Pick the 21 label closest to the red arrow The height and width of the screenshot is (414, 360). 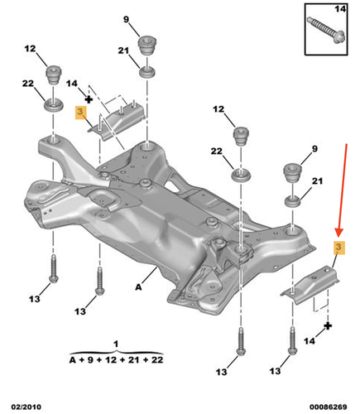pyautogui.click(x=315, y=180)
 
